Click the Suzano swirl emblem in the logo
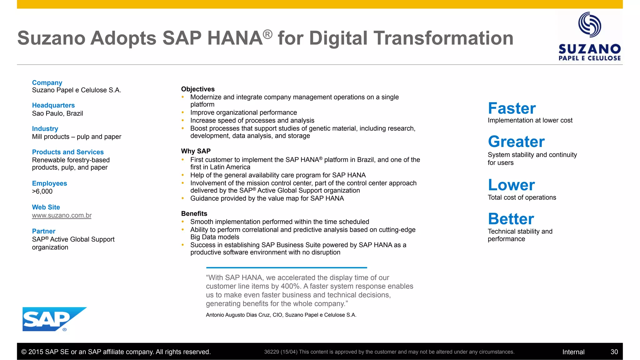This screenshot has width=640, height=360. pyautogui.click(x=589, y=25)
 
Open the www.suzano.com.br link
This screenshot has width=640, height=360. pyautogui.click(x=62, y=215)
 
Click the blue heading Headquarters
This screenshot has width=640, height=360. pyautogui.click(x=53, y=105)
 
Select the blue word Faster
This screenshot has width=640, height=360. pyautogui.click(x=512, y=108)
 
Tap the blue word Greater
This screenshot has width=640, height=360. pyautogui.click(x=516, y=142)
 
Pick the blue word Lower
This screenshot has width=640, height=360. pyautogui.click(x=511, y=185)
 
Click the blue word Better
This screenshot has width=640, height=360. pyautogui.click(x=511, y=219)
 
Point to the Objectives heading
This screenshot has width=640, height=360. pyautogui.click(x=198, y=89)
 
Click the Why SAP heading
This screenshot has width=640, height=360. pyautogui.click(x=196, y=151)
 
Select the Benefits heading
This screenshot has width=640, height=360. pyautogui.click(x=194, y=213)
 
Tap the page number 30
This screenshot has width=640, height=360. pyautogui.click(x=614, y=352)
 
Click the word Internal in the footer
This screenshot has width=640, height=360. pyautogui.click(x=573, y=352)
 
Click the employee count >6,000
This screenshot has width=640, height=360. pyautogui.click(x=42, y=191)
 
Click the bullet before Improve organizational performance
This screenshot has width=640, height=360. pyautogui.click(x=183, y=112)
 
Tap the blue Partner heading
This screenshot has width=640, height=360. pyautogui.click(x=43, y=231)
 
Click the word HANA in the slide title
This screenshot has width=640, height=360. pyautogui.click(x=234, y=38)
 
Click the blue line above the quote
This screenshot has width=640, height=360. pyautogui.click(x=286, y=267)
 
